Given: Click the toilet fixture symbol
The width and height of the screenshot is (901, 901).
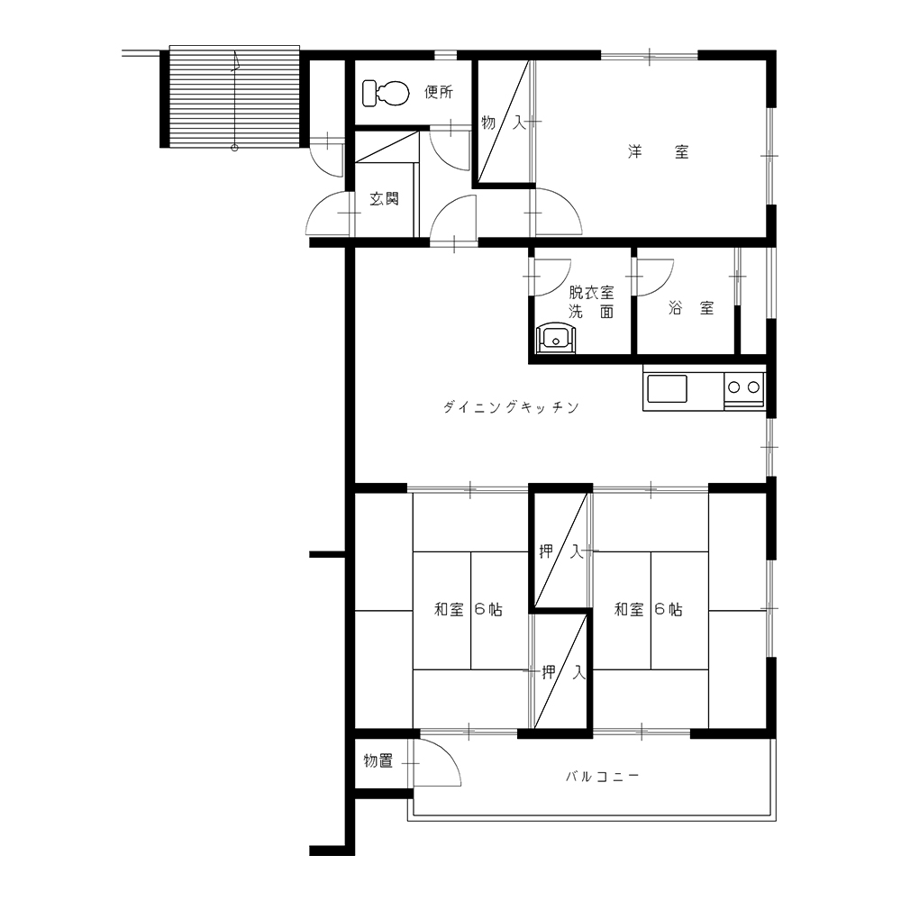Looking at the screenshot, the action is click(386, 93).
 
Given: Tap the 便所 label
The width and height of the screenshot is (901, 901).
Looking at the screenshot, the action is click(439, 92).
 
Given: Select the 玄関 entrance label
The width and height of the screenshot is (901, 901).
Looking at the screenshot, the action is click(384, 199).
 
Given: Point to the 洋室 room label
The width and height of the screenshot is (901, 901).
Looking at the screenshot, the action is click(658, 151).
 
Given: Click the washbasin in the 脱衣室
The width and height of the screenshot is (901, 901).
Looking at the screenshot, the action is click(555, 339).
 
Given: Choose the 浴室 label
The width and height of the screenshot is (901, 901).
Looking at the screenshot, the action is click(691, 308).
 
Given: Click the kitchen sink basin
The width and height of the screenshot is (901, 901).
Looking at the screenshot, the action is click(667, 388).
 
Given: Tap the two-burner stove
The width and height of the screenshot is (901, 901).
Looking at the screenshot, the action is click(745, 387).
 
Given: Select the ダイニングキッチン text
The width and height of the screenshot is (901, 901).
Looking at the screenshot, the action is click(511, 407).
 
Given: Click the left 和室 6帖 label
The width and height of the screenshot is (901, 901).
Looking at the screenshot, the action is click(469, 609).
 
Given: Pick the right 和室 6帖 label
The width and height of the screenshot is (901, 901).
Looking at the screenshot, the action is click(648, 609).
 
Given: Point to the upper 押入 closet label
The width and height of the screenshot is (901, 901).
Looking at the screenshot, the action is click(561, 552).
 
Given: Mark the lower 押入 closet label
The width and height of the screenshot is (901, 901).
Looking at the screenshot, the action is click(564, 672).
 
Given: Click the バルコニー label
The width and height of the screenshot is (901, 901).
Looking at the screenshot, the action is click(602, 777).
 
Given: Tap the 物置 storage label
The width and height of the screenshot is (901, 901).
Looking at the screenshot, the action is click(378, 761).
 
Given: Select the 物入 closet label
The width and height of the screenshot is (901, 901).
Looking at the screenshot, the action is click(504, 123).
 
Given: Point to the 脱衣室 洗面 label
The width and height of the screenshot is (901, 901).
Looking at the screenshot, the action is click(591, 302).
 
